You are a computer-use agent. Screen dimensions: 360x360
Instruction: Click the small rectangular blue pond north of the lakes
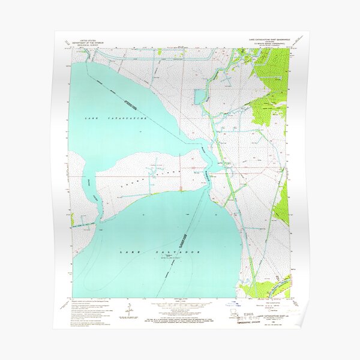199,96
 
